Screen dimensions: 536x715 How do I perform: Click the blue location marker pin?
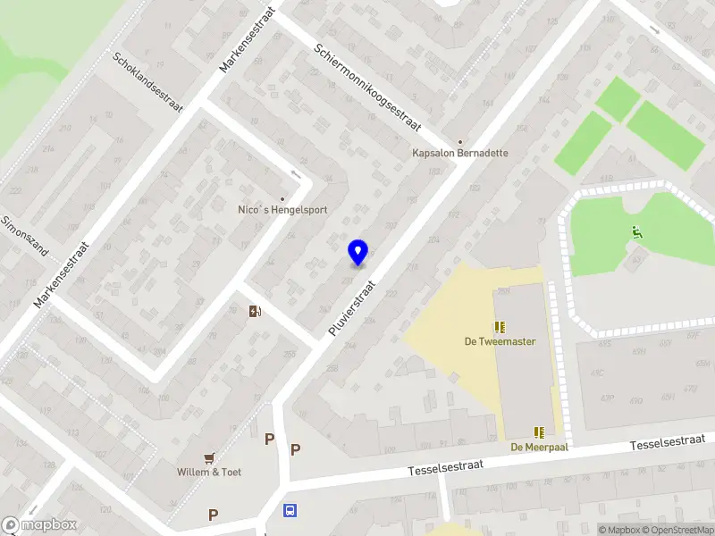click(x=357, y=253)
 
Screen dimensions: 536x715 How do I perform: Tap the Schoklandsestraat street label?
click(x=148, y=82)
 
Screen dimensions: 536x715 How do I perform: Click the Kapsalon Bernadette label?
click(x=460, y=153)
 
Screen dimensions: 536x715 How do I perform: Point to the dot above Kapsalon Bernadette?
click(x=460, y=141)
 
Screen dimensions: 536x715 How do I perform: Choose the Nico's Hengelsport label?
click(x=282, y=210)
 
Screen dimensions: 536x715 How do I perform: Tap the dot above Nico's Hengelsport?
click(x=282, y=198)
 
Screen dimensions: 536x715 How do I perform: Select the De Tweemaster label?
click(x=499, y=341)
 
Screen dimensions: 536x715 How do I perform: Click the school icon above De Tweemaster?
click(x=499, y=327)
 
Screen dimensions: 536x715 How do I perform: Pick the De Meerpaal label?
click(x=539, y=447)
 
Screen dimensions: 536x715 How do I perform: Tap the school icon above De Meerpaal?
click(x=539, y=432)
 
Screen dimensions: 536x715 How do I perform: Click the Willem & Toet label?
click(x=209, y=472)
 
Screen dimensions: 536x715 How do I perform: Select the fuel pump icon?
click(x=256, y=311)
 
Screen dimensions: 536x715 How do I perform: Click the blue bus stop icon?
click(x=290, y=511)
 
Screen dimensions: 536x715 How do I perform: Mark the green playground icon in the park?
click(x=636, y=233)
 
